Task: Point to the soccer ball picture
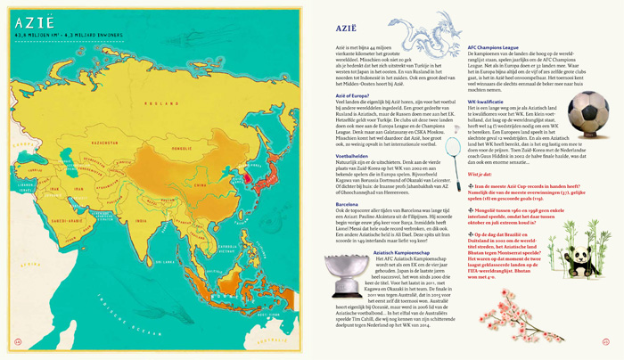[583, 115]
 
